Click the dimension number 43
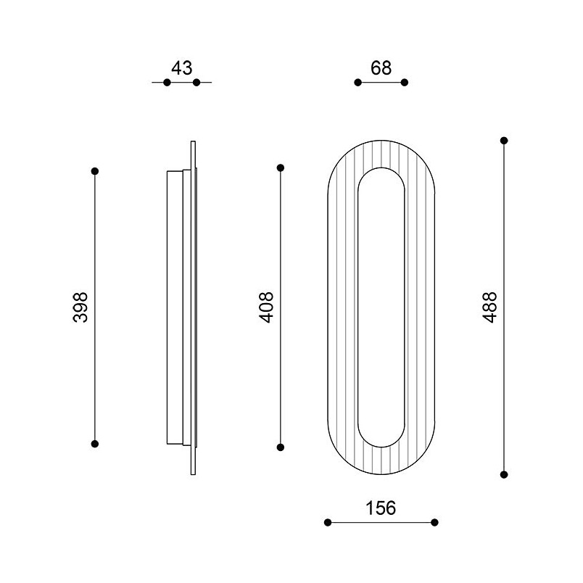click(182, 68)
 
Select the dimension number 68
click(381, 68)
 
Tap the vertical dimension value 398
click(80, 307)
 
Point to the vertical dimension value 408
click(266, 307)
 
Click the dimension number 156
click(381, 508)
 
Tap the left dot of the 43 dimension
click(167, 82)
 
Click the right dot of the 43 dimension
click(197, 82)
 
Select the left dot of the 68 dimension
click(357, 82)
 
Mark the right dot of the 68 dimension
click(405, 82)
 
